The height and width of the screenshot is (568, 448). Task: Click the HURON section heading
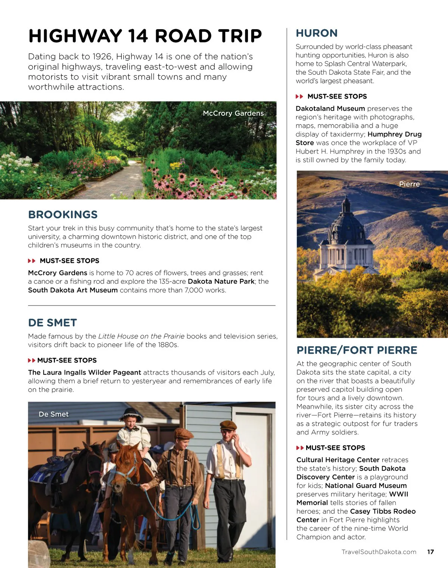[x=317, y=33]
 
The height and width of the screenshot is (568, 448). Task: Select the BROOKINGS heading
[x=63, y=215]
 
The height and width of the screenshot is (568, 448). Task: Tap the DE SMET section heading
[x=52, y=323]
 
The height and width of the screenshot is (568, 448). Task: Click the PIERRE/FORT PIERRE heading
[x=357, y=350]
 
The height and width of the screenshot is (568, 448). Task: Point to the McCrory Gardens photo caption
[x=233, y=113]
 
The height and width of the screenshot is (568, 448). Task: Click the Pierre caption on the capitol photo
[x=409, y=184]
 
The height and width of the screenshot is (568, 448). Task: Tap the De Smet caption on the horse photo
[x=54, y=414]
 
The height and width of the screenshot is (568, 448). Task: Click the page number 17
[x=430, y=552]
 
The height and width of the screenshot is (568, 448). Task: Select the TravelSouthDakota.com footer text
[x=379, y=552]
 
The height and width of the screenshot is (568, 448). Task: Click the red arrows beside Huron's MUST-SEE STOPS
[x=299, y=96]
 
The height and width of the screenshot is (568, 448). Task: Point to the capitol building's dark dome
[x=346, y=224]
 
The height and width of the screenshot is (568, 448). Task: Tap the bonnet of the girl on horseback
[x=131, y=414]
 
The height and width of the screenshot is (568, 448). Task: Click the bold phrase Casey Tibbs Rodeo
[x=383, y=512]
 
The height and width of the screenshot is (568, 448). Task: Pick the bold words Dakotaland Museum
[x=330, y=109]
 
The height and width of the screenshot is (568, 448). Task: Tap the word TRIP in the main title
[x=240, y=36]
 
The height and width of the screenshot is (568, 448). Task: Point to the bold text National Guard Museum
[x=366, y=486]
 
